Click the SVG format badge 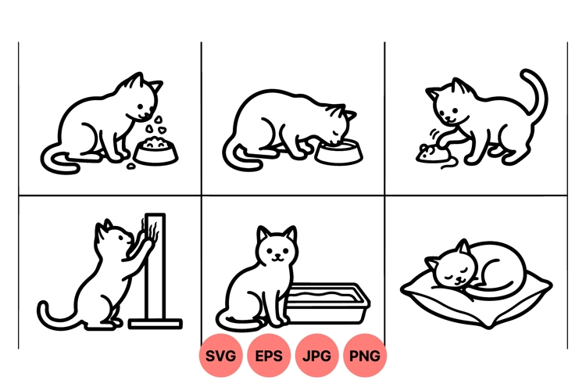(x=221, y=356)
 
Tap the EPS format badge (x=269, y=356)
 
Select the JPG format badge (x=316, y=356)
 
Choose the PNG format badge (x=365, y=356)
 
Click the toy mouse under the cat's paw (x=428, y=153)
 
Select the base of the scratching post (x=155, y=323)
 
